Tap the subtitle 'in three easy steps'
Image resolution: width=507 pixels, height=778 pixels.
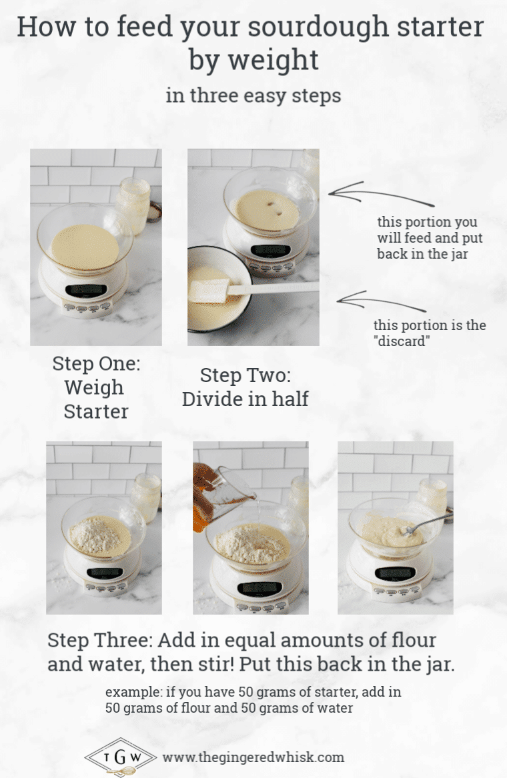253,95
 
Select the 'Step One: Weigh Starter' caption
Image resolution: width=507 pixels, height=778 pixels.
96,387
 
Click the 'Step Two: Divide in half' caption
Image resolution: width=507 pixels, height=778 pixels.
245,387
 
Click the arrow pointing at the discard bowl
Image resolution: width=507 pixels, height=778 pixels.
380,303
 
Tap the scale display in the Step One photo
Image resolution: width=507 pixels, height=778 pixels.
87,290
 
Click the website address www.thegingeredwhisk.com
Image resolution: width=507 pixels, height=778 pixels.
253,757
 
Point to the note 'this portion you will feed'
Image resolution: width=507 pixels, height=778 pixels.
427,238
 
